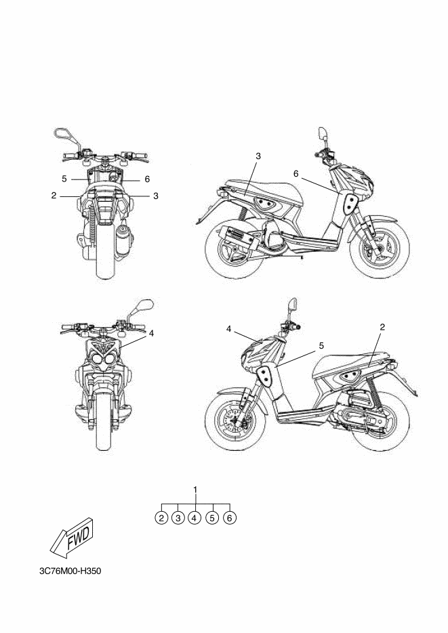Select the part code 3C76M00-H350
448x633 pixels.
tap(70, 570)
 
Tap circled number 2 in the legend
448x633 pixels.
tap(161, 518)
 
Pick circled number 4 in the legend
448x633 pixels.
tap(195, 518)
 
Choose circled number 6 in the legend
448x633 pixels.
tap(230, 518)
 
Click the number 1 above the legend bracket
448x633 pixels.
tap(195, 489)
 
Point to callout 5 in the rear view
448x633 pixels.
tap(64, 179)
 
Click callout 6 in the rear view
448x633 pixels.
tap(146, 179)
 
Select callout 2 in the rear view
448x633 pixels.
tap(54, 196)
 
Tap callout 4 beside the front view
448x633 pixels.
tap(152, 333)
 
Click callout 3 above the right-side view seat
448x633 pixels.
tap(258, 156)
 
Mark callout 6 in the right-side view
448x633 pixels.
tap(296, 174)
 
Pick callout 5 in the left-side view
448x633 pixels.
tap(321, 345)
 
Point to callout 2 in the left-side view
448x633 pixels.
tap(382, 327)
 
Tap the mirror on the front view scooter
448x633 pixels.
tap(145, 306)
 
